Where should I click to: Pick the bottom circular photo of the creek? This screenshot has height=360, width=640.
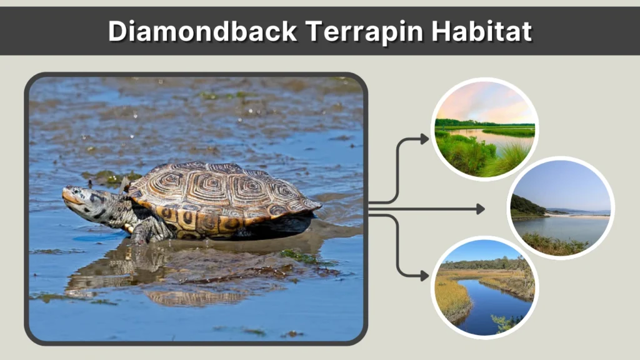[485, 287]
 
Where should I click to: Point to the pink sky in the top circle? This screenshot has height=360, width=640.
[487, 100]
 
